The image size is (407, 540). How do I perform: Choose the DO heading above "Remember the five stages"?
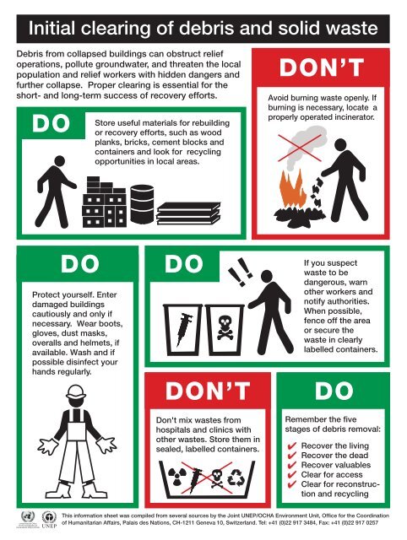(336, 391)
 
